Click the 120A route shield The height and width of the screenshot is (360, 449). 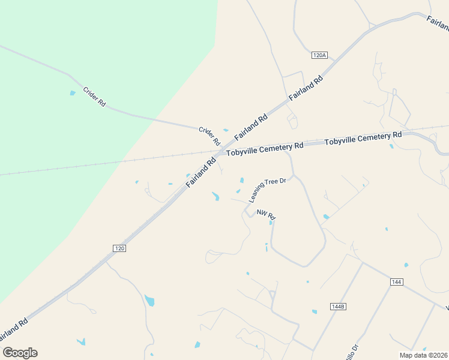click(x=319, y=55)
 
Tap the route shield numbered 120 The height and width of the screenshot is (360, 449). click(x=119, y=247)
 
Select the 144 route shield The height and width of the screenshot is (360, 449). click(x=396, y=281)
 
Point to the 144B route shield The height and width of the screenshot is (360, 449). click(x=338, y=306)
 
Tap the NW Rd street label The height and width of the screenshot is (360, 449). click(x=266, y=214)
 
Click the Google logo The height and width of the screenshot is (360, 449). click(x=20, y=353)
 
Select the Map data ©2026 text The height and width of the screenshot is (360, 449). click(x=423, y=355)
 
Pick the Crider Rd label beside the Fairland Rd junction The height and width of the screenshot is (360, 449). click(x=209, y=136)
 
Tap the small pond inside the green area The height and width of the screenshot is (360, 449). click(x=73, y=93)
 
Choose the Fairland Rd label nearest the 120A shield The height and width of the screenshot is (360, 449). click(x=306, y=88)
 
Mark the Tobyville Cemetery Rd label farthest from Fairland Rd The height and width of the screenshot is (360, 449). click(x=363, y=139)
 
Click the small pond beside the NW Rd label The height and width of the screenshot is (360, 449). click(x=271, y=223)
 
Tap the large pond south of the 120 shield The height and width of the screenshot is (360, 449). click(x=149, y=300)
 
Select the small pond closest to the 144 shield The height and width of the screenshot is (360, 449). click(x=406, y=265)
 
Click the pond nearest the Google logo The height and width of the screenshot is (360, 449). click(x=80, y=341)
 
